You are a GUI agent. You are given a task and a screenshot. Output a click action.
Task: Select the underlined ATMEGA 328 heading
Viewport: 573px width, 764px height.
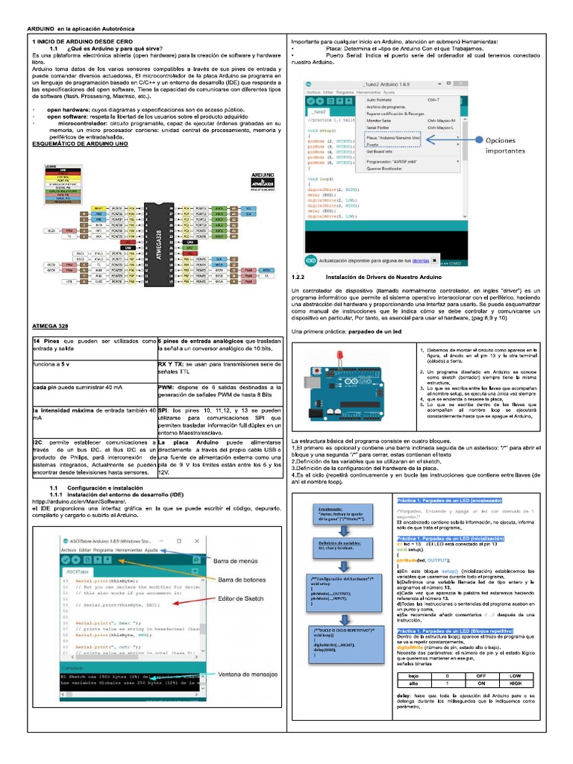tap(50, 327)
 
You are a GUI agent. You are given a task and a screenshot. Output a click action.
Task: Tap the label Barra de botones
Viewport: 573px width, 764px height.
tap(242, 579)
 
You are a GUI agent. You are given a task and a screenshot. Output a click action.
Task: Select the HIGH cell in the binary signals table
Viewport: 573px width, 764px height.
tap(516, 661)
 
